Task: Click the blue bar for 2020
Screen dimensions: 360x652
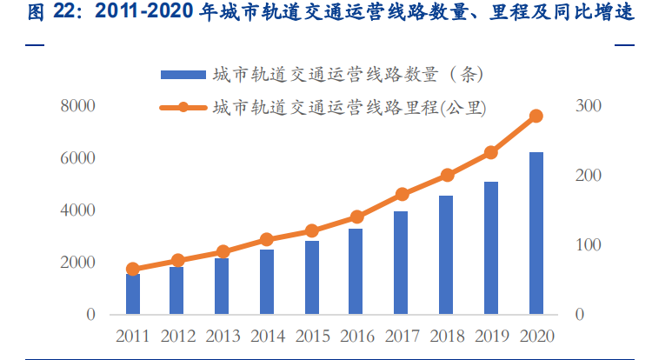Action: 536,233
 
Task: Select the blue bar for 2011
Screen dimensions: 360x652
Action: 133,294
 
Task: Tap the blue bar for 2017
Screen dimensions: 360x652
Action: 402,263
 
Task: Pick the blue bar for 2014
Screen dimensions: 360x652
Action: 267,282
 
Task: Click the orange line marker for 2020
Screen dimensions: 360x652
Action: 536,116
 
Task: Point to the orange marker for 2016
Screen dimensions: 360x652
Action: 356,217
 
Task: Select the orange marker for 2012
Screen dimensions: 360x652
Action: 177,260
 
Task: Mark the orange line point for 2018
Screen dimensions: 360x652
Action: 447,175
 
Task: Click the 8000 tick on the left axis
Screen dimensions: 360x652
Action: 77,106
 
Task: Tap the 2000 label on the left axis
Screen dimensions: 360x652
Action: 77,263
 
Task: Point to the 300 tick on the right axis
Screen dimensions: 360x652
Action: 589,106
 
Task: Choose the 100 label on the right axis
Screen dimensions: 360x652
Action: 589,245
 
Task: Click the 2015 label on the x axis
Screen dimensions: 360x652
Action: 311,336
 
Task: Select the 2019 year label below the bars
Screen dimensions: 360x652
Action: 491,336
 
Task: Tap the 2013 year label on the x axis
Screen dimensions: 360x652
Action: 222,336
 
